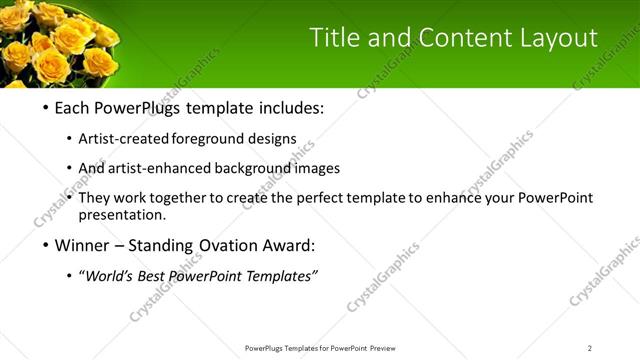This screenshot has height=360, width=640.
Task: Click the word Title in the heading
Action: (x=335, y=38)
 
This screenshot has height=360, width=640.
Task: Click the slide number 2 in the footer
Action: (x=589, y=348)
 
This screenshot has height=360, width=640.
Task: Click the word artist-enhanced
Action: (x=170, y=169)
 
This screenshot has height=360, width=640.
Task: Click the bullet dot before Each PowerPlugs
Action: (x=45, y=108)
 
